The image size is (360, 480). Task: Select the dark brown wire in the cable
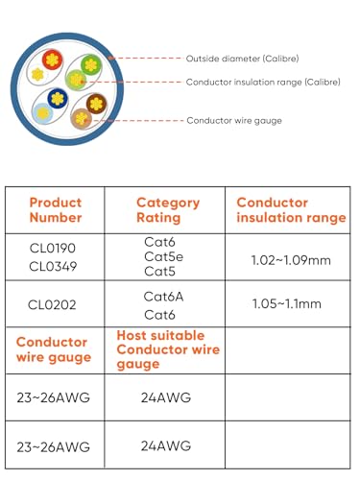(x=96, y=104)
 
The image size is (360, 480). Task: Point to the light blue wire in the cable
(x=42, y=112)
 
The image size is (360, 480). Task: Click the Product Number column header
(x=55, y=210)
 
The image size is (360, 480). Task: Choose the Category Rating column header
(x=167, y=210)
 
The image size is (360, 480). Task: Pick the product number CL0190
(x=52, y=248)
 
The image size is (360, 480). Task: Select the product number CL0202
(x=52, y=305)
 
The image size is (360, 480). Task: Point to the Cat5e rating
(x=164, y=257)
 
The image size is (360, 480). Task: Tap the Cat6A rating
(x=162, y=297)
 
